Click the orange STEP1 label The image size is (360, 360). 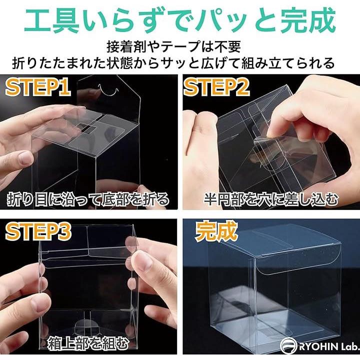coord(38,87)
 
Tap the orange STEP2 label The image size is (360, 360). coord(216,87)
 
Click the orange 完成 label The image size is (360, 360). coord(216,231)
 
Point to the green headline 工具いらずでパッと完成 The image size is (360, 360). coord(180,21)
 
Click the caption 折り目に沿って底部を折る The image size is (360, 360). coord(88,199)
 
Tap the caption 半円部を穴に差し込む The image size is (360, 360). coord(271,199)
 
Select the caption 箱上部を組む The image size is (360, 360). coord(88,343)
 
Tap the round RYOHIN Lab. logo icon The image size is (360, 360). coord(288,345)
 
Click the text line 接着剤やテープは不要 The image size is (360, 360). coord(173,47)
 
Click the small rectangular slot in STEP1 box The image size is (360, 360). coord(85,128)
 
